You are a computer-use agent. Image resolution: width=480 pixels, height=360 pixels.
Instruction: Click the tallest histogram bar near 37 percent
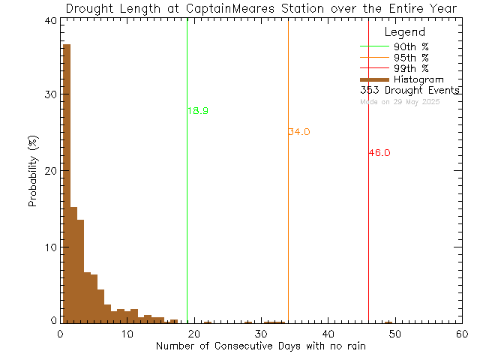66,184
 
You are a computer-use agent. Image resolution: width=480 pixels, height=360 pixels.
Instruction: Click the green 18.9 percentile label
198,111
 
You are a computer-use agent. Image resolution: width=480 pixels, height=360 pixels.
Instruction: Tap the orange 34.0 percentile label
298,132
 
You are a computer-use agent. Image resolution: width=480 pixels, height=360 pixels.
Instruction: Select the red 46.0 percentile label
379,153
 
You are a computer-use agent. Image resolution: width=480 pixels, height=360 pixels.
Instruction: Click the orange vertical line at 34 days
288,225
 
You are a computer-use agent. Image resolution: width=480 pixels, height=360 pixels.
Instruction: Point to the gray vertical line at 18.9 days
187,225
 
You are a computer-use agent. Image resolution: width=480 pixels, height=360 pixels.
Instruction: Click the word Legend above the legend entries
404,32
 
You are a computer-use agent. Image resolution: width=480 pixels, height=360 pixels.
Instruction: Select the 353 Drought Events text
409,90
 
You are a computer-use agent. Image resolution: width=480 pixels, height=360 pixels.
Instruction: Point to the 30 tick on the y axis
49,94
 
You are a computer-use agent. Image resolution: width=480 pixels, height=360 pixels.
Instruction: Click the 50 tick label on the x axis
394,334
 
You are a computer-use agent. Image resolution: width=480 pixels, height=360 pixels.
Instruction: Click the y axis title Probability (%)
33,172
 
